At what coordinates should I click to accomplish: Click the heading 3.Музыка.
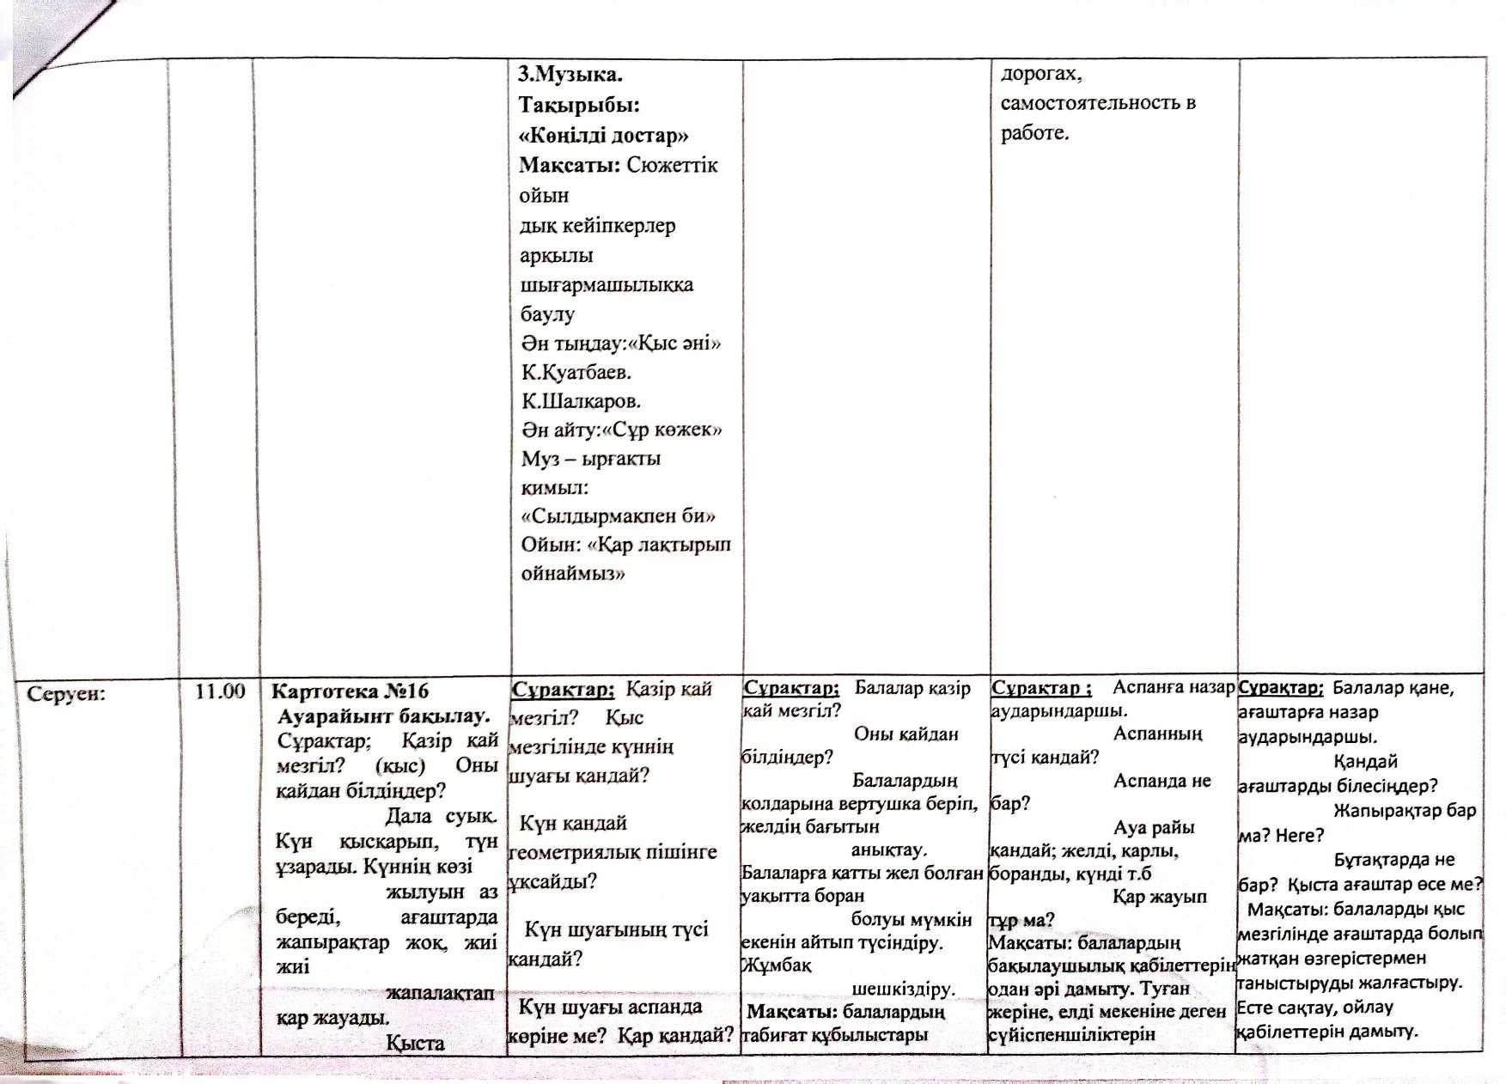[570, 76]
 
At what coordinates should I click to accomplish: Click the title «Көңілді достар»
[604, 136]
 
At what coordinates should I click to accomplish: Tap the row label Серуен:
[66, 693]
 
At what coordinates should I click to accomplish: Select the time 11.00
[220, 691]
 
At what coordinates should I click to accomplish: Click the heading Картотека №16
[350, 691]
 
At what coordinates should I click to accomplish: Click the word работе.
[1034, 133]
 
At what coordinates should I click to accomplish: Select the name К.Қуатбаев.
[576, 373]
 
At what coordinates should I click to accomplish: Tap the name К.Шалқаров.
[581, 401]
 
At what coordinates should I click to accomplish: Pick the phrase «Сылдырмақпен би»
[619, 516]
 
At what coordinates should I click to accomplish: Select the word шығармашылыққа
[607, 284]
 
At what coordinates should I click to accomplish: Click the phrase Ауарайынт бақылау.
[384, 716]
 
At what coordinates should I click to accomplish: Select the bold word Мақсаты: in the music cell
[569, 165]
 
